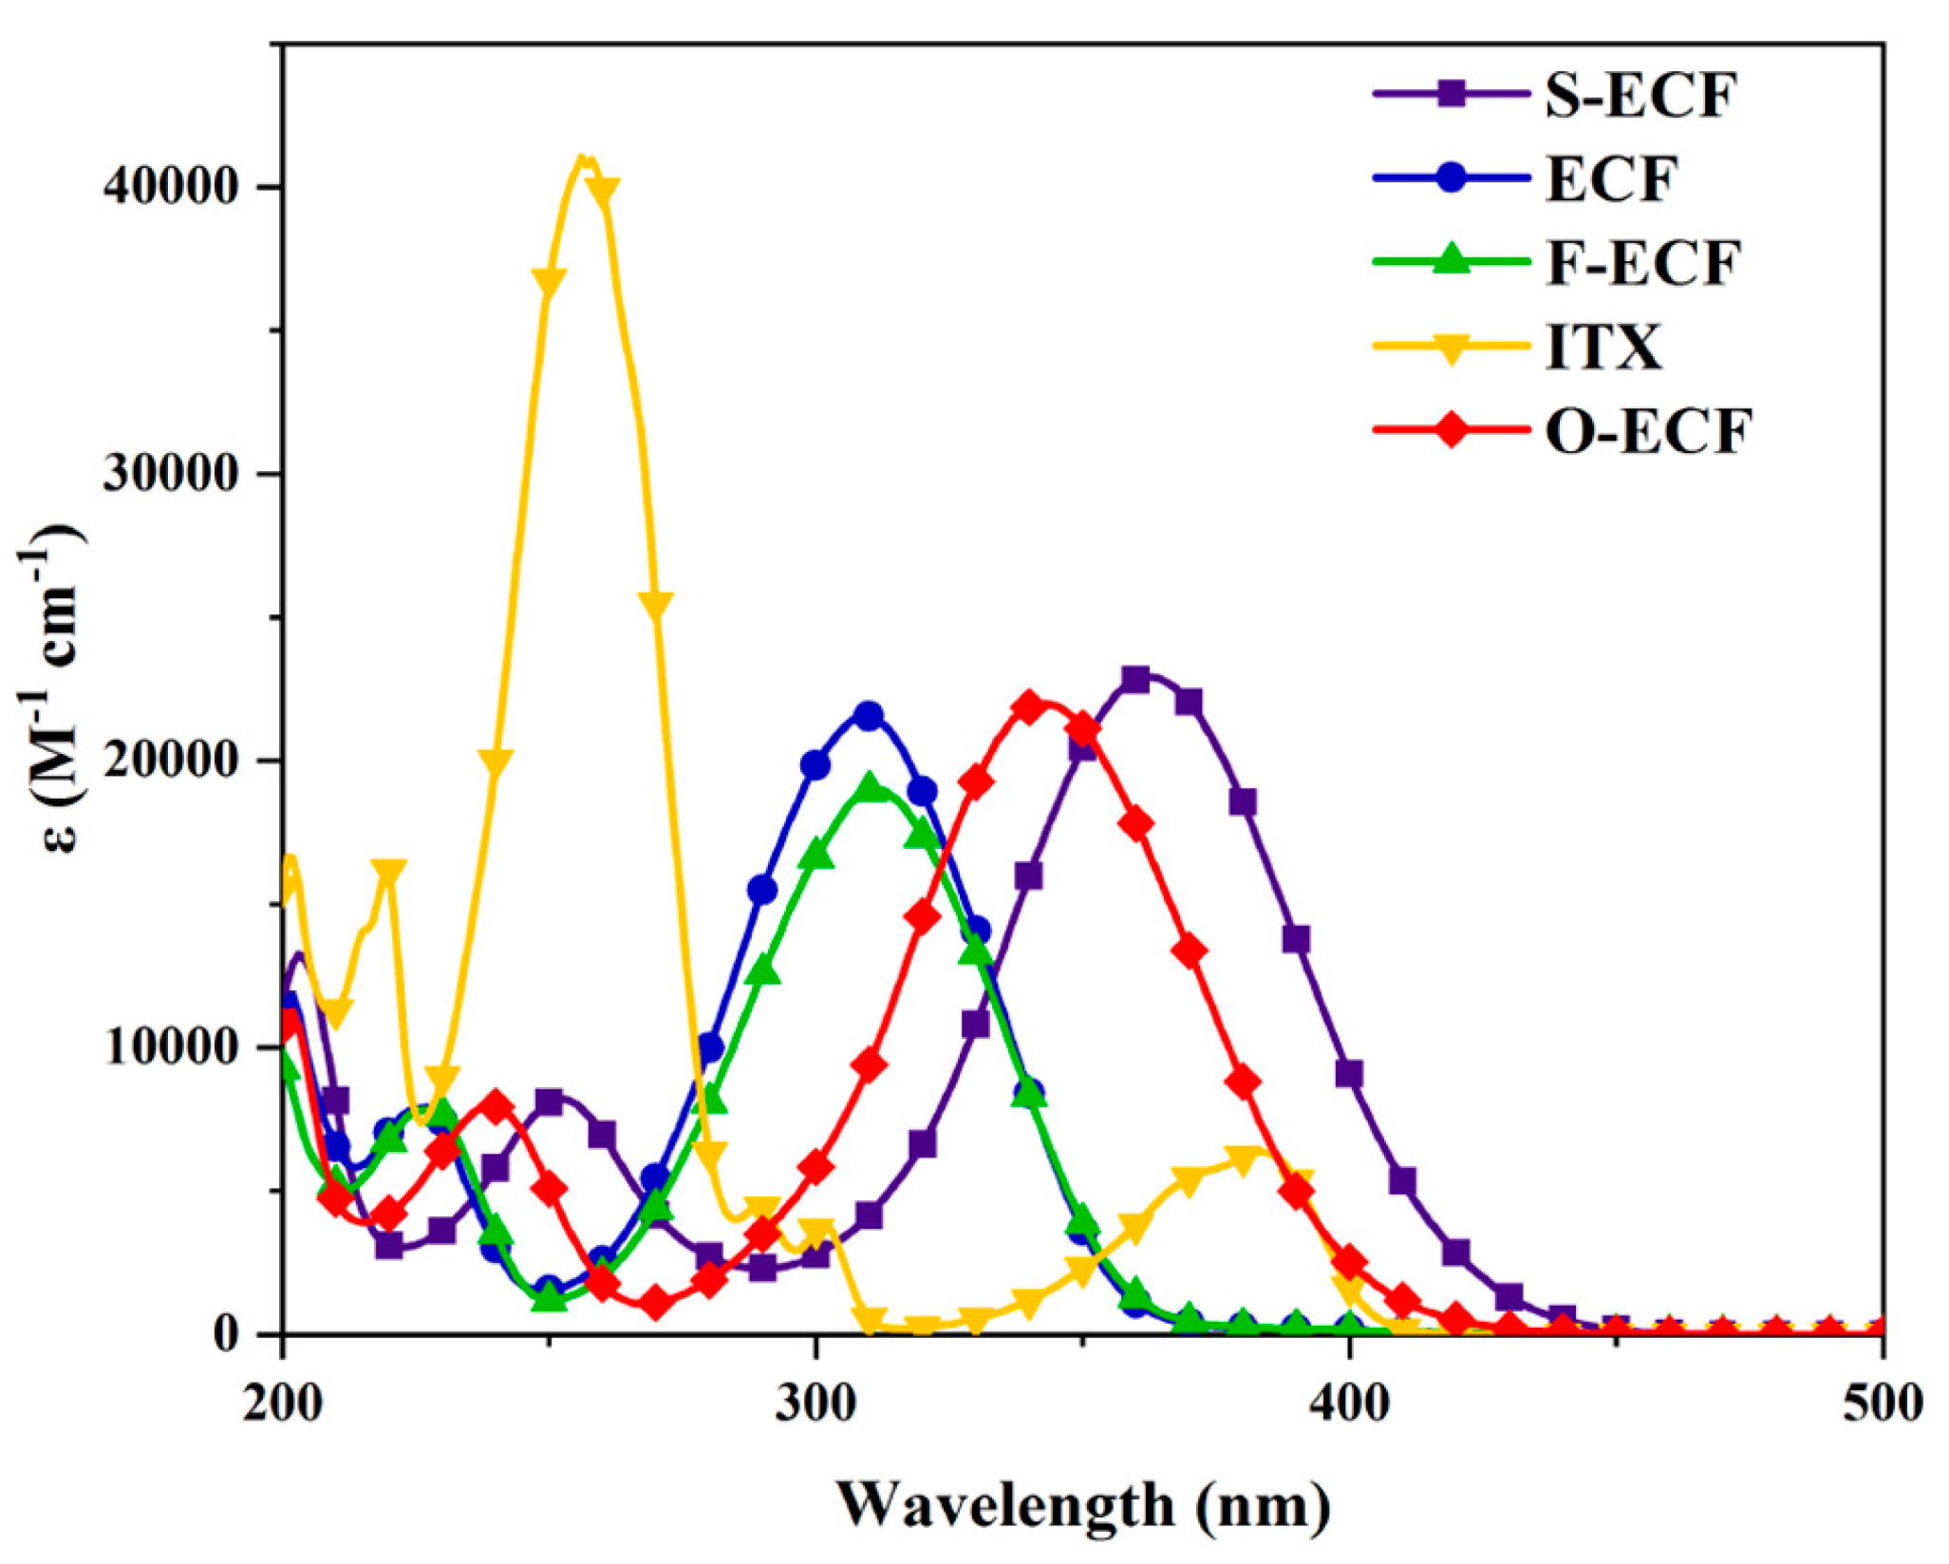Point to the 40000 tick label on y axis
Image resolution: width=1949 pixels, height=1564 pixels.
[x=171, y=186]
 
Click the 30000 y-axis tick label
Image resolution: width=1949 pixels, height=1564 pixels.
[x=171, y=473]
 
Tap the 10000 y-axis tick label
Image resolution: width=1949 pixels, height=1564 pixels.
[x=171, y=1047]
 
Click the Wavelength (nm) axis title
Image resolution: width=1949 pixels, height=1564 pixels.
[x=1083, y=1506]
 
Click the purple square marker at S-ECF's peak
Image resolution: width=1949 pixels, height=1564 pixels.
[x=1135, y=679]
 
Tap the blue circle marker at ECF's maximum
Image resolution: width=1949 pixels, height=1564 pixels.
[x=868, y=715]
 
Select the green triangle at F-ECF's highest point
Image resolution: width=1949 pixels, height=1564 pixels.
[x=868, y=787]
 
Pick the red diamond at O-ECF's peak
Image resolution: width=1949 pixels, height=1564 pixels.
[x=1029, y=707]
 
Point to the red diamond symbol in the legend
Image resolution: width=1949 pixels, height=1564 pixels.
[x=1451, y=431]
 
